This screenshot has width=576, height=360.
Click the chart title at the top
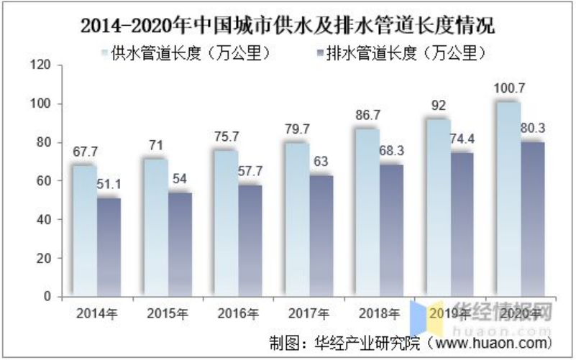(x=288, y=27)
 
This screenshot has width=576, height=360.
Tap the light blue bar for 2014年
(x=83, y=230)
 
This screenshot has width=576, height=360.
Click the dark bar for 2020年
(x=532, y=218)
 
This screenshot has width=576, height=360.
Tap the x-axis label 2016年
(x=238, y=313)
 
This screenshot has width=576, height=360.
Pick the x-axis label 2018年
(x=379, y=313)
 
